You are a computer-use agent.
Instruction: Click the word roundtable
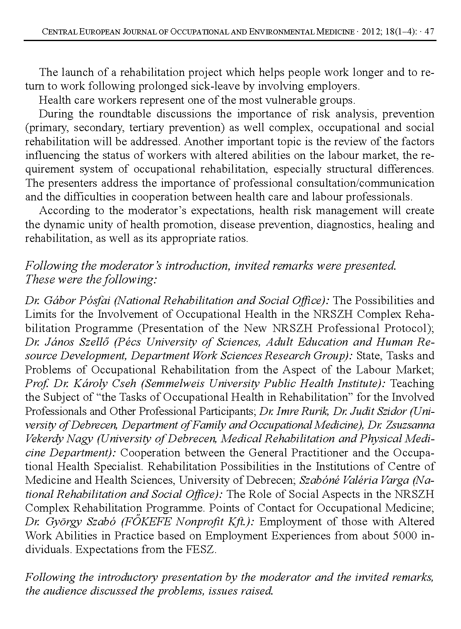(116, 114)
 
